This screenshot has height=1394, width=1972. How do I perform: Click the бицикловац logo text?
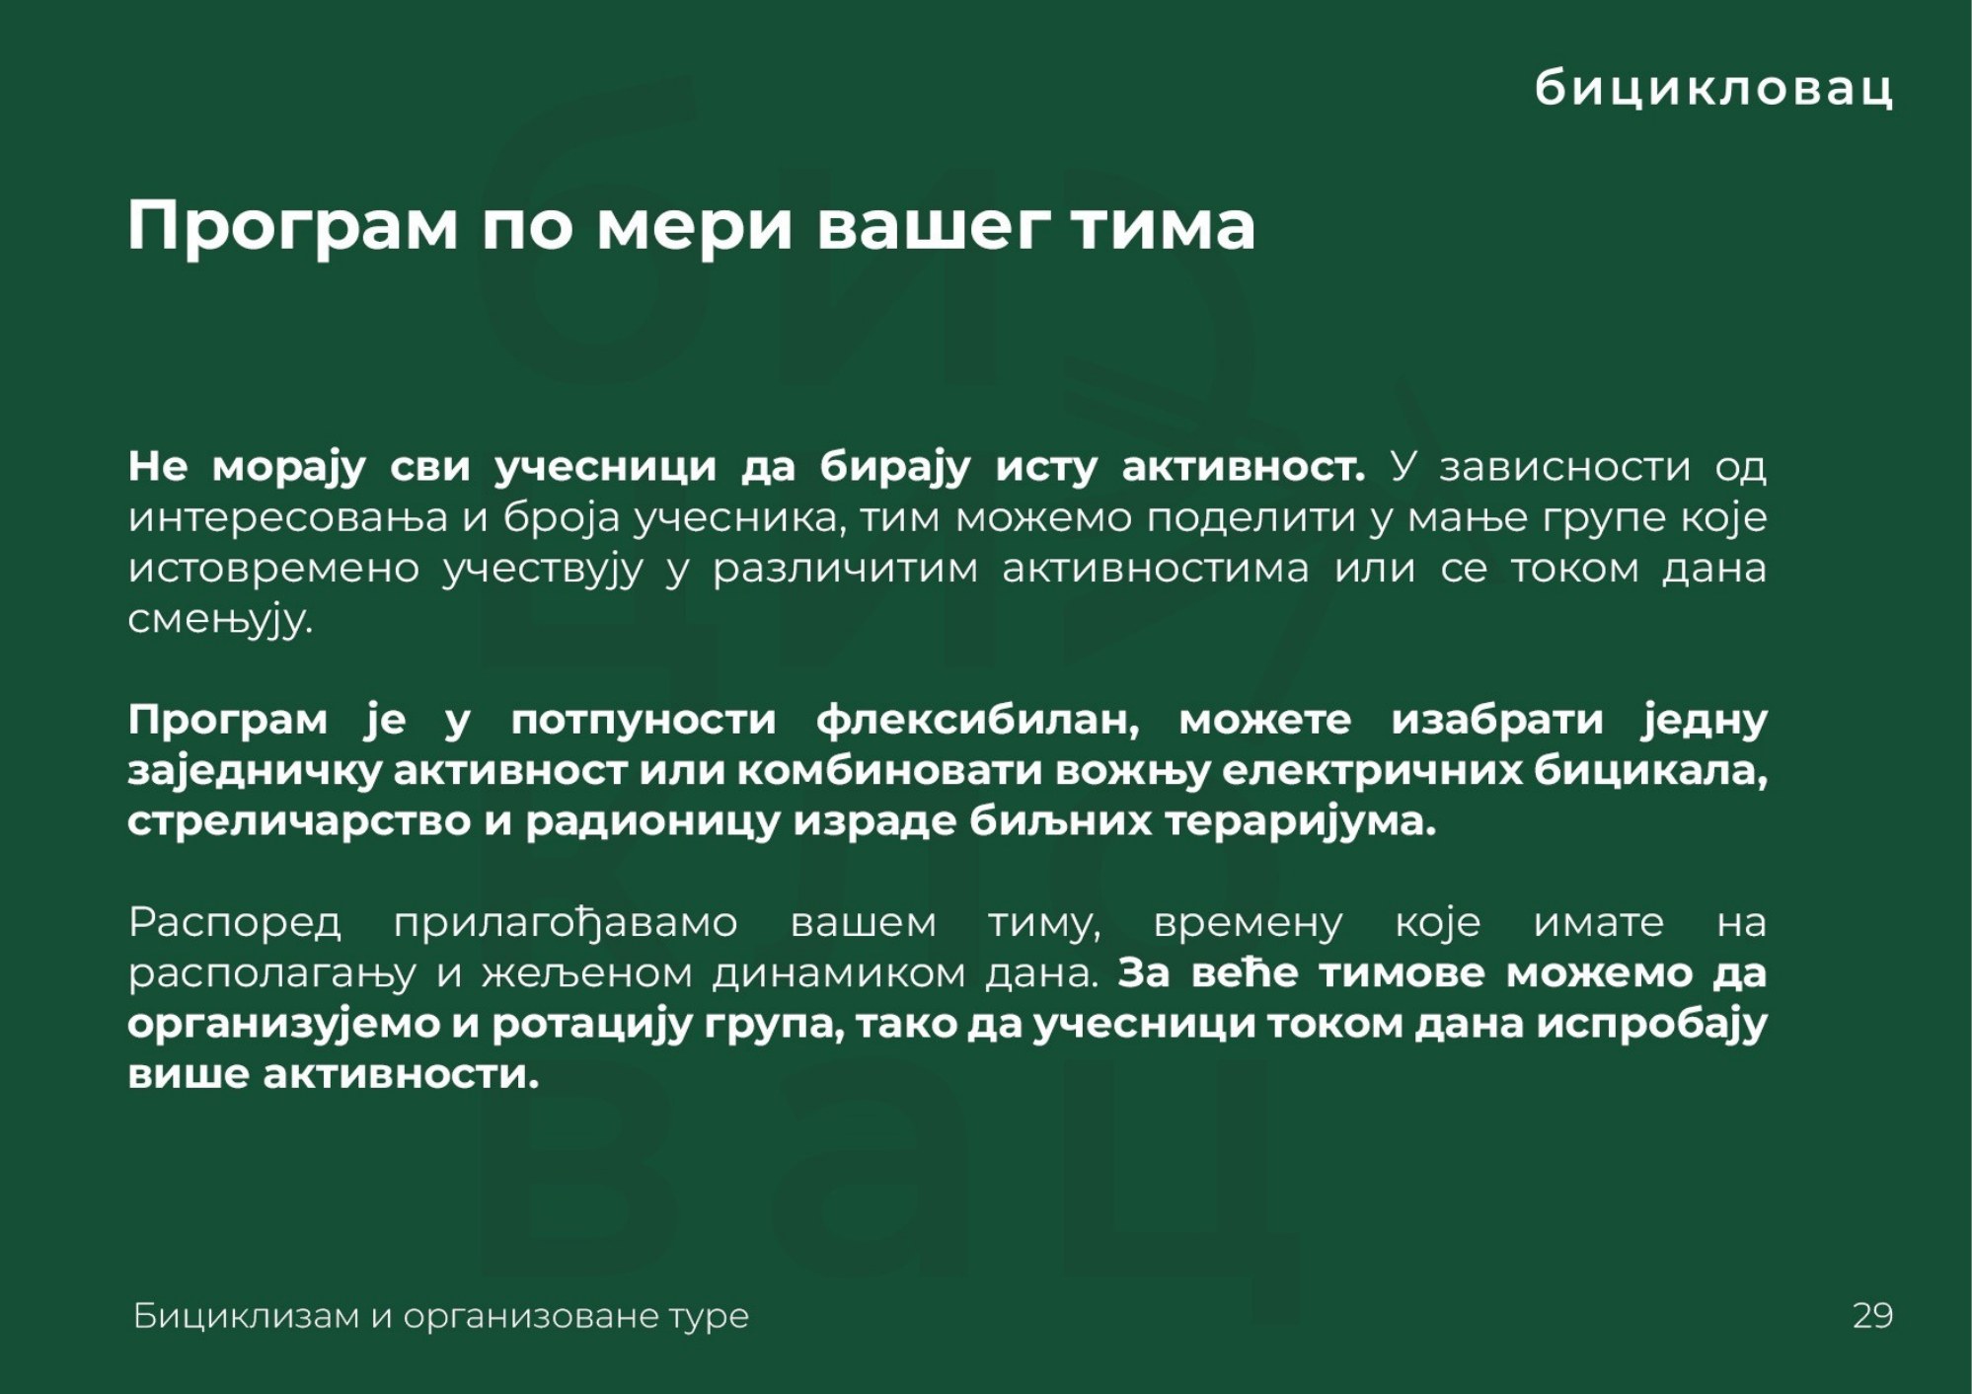pyautogui.click(x=1714, y=89)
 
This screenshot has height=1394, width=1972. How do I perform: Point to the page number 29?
pyautogui.click(x=1872, y=1315)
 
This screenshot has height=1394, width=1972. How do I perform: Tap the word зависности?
pyautogui.click(x=1564, y=467)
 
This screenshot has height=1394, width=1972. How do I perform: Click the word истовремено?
pyautogui.click(x=273, y=570)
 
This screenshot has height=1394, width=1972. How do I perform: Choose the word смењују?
pyautogui.click(x=220, y=621)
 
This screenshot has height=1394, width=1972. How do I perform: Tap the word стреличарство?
pyautogui.click(x=299, y=822)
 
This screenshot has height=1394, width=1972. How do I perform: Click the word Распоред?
pyautogui.click(x=235, y=924)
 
